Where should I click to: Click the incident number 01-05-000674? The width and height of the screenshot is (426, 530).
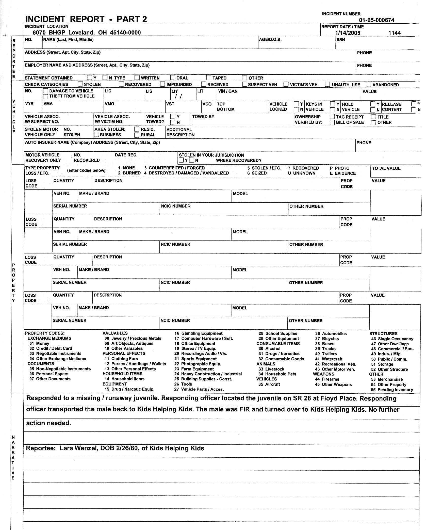pyautogui.click(x=376, y=20)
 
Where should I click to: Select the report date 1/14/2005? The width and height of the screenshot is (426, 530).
pyautogui.click(x=348, y=33)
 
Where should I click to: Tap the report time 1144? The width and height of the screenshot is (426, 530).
pyautogui.click(x=394, y=33)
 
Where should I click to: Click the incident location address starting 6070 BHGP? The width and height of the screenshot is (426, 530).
pyautogui.click(x=87, y=33)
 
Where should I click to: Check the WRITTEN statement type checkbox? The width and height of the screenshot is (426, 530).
pyautogui.click(x=137, y=77)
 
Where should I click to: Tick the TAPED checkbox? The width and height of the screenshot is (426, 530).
pyautogui.click(x=209, y=77)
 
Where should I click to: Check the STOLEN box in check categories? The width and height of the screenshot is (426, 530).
pyautogui.click(x=80, y=84)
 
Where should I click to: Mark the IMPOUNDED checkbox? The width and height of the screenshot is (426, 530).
pyautogui.click(x=163, y=84)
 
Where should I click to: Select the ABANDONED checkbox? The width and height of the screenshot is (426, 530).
pyautogui.click(x=369, y=84)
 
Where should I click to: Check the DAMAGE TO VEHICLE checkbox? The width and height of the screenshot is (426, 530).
pyautogui.click(x=46, y=91)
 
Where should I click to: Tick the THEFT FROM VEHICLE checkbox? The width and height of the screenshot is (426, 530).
pyautogui.click(x=46, y=96)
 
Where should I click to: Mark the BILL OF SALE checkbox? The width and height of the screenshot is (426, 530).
pyautogui.click(x=332, y=122)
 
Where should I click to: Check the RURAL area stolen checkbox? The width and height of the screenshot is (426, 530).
pyautogui.click(x=137, y=135)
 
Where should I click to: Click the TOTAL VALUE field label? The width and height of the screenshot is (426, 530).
pyautogui.click(x=386, y=168)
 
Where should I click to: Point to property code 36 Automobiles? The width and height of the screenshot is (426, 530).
pyautogui.click(x=331, y=333)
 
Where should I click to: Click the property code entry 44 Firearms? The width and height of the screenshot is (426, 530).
pyautogui.click(x=327, y=379)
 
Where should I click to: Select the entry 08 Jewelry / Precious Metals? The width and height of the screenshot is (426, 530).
pyautogui.click(x=133, y=338)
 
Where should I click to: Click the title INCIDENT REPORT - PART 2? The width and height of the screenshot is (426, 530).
pyautogui.click(x=86, y=19)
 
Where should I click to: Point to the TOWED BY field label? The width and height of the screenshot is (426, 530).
pyautogui.click(x=203, y=117)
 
